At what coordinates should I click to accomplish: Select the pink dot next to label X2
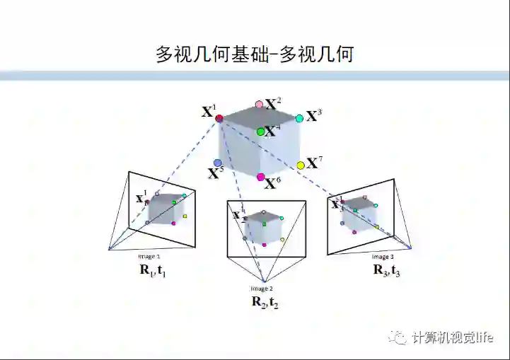(x=259, y=105)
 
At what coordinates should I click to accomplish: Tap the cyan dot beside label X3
(x=299, y=118)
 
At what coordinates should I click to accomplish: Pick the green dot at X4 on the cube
(x=260, y=132)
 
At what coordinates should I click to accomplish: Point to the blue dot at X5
(x=218, y=163)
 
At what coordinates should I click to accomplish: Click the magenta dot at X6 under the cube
(x=260, y=177)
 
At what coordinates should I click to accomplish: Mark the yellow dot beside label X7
(x=301, y=165)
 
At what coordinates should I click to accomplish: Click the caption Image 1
(x=149, y=256)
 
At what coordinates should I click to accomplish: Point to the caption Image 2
(x=261, y=288)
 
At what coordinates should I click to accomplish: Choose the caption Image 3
(x=383, y=256)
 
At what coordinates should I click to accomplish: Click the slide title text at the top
(x=255, y=54)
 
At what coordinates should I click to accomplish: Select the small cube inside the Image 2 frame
(x=264, y=227)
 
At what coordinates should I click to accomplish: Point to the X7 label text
(x=314, y=163)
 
